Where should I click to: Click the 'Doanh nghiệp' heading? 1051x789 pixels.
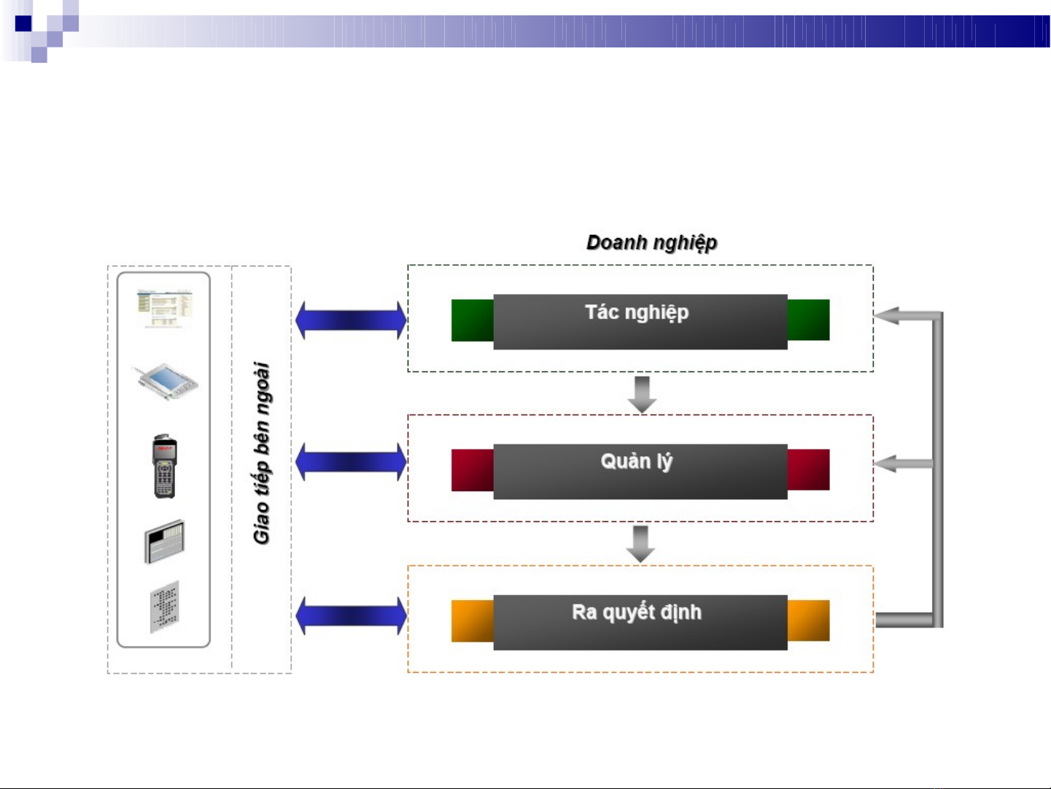click(651, 243)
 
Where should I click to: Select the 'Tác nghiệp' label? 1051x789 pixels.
click(637, 312)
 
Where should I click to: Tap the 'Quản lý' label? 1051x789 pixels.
click(636, 462)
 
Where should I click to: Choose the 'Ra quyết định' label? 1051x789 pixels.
click(636, 612)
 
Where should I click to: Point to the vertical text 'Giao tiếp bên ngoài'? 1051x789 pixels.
click(261, 453)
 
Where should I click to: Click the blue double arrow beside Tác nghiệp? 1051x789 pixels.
click(351, 320)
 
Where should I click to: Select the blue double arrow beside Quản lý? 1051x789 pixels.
click(351, 462)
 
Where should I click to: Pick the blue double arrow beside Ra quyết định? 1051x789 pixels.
click(351, 615)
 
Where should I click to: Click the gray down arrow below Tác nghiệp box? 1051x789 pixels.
click(642, 394)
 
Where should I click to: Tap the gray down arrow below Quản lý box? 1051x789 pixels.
click(640, 544)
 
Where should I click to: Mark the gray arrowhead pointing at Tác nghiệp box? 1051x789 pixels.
click(886, 315)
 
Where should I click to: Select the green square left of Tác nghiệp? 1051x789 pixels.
click(472, 320)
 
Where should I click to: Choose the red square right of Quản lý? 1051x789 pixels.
click(808, 469)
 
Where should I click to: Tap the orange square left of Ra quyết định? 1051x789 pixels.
click(472, 621)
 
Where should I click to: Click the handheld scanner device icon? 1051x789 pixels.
click(165, 466)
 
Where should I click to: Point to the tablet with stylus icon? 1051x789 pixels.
click(164, 381)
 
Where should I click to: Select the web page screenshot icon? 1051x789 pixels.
click(165, 309)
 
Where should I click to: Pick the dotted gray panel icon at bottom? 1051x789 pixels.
click(165, 607)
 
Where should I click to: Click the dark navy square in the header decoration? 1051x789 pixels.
click(23, 23)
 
